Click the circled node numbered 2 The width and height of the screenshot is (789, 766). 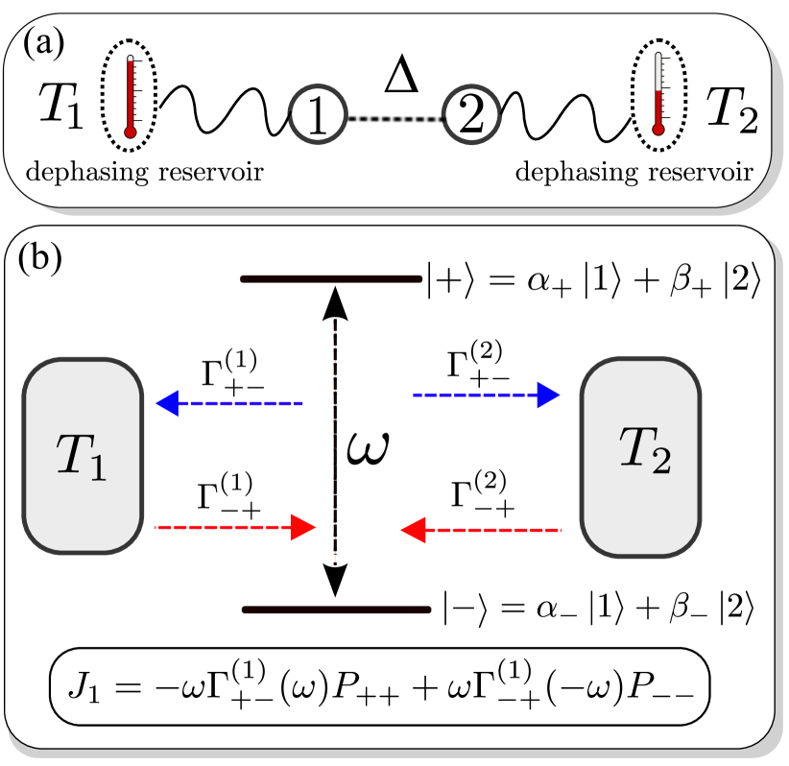click(x=469, y=118)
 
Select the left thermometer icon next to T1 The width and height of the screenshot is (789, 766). click(x=130, y=97)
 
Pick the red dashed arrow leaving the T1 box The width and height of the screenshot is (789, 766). click(x=235, y=527)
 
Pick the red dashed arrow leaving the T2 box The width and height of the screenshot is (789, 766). click(x=481, y=528)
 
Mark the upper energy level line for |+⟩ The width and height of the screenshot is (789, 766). click(x=330, y=279)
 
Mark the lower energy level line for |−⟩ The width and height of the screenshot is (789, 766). click(x=336, y=609)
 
